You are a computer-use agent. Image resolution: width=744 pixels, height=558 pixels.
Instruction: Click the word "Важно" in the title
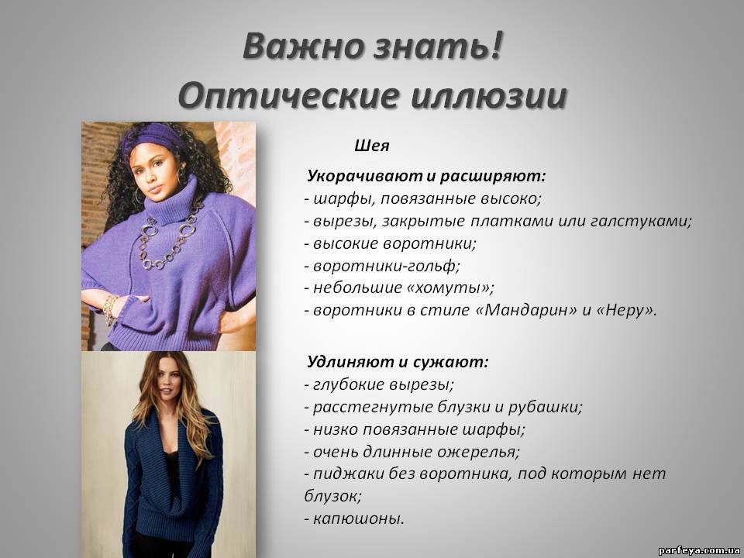[303, 46]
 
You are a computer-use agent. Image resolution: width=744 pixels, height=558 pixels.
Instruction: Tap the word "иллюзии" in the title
[489, 95]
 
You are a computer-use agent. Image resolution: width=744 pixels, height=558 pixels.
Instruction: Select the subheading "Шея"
[371, 146]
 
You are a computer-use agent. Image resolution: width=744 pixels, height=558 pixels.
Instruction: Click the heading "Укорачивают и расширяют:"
[426, 176]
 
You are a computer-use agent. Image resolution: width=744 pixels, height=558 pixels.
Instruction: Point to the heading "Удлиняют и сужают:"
[398, 362]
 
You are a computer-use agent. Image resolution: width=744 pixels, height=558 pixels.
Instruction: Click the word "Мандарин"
[527, 310]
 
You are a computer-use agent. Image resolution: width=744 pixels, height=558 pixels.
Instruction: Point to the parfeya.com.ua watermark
[699, 550]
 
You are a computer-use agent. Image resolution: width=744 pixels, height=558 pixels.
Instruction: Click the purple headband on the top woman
[152, 139]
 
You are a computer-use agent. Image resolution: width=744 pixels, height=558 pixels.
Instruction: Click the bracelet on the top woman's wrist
[111, 309]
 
